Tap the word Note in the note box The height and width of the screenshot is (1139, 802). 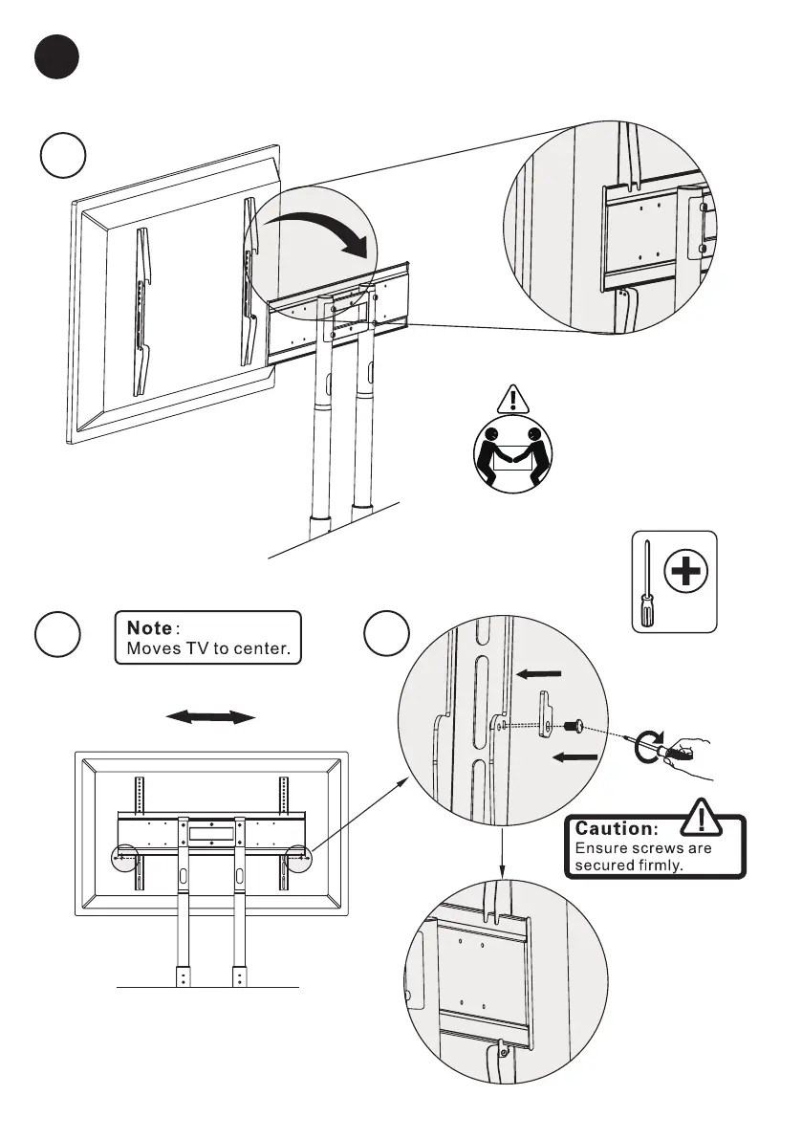coord(143,628)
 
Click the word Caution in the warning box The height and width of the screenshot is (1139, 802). coord(615,827)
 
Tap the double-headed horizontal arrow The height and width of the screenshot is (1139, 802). coord(210,717)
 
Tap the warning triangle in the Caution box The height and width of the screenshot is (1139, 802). coord(704,821)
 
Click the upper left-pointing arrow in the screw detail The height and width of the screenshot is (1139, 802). coord(540,674)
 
